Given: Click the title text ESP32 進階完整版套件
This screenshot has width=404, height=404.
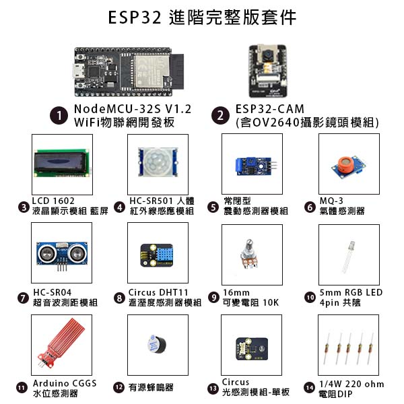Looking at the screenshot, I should click(202, 18).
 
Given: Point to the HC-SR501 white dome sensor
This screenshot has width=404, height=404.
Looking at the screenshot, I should click(156, 162).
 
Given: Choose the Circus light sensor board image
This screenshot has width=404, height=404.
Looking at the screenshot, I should click(252, 347).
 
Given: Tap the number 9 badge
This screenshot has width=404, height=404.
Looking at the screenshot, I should click(214, 297).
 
